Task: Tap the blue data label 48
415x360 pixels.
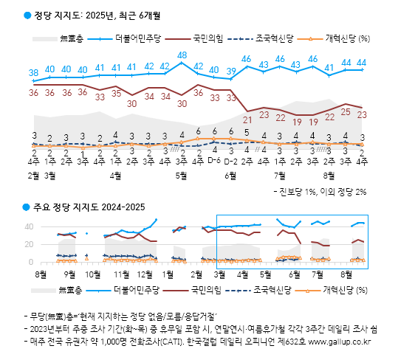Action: tap(182, 55)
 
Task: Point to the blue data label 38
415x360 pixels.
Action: tap(34, 72)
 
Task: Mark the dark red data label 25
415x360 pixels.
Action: tap(346, 113)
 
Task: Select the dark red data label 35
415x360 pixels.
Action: tap(116, 94)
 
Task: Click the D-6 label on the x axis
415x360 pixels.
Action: tap(215, 160)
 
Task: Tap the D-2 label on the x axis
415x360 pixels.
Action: tap(231, 160)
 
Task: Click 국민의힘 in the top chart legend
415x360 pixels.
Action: tap(207, 38)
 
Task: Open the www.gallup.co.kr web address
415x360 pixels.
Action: tap(339, 343)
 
